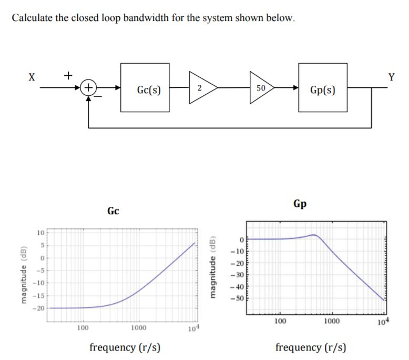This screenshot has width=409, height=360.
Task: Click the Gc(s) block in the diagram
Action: point(145,88)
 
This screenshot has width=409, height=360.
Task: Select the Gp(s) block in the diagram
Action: point(323,88)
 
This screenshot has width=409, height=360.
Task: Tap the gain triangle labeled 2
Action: point(198,88)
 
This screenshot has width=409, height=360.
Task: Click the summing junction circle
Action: point(89,87)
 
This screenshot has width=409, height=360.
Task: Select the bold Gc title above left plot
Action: point(113,211)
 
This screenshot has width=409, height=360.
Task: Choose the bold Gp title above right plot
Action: point(300,203)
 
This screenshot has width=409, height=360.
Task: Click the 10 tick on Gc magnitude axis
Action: point(40,233)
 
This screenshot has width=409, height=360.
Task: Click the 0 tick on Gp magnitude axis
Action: point(242,239)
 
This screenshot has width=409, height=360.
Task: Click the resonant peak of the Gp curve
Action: point(313,235)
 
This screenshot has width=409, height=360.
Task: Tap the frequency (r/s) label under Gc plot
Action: point(125,347)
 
